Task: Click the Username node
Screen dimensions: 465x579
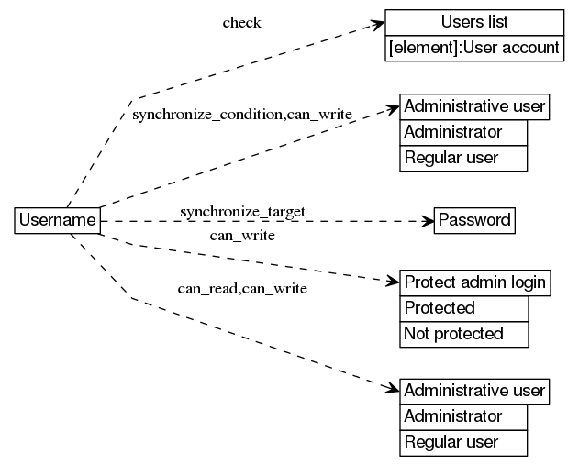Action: click(57, 221)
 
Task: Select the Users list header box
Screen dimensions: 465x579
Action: click(473, 22)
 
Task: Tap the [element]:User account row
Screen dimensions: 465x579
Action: click(473, 48)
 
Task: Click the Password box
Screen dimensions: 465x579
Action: click(473, 221)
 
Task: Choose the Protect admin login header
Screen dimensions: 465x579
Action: click(474, 282)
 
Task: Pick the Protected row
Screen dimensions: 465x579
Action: click(464, 308)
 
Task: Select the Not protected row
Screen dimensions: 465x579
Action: click(464, 334)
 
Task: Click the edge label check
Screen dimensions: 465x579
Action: click(241, 23)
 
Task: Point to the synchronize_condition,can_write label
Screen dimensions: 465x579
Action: click(242, 115)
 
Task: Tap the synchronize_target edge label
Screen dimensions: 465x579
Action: click(242, 212)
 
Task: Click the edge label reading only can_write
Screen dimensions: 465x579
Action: click(242, 236)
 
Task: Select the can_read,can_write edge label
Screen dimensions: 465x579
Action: click(242, 289)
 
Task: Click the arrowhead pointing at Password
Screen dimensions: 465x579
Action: click(427, 221)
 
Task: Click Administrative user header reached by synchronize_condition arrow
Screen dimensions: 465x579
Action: click(474, 106)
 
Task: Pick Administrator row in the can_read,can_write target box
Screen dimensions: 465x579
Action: click(464, 416)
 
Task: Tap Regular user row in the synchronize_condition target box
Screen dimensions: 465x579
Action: click(464, 158)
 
